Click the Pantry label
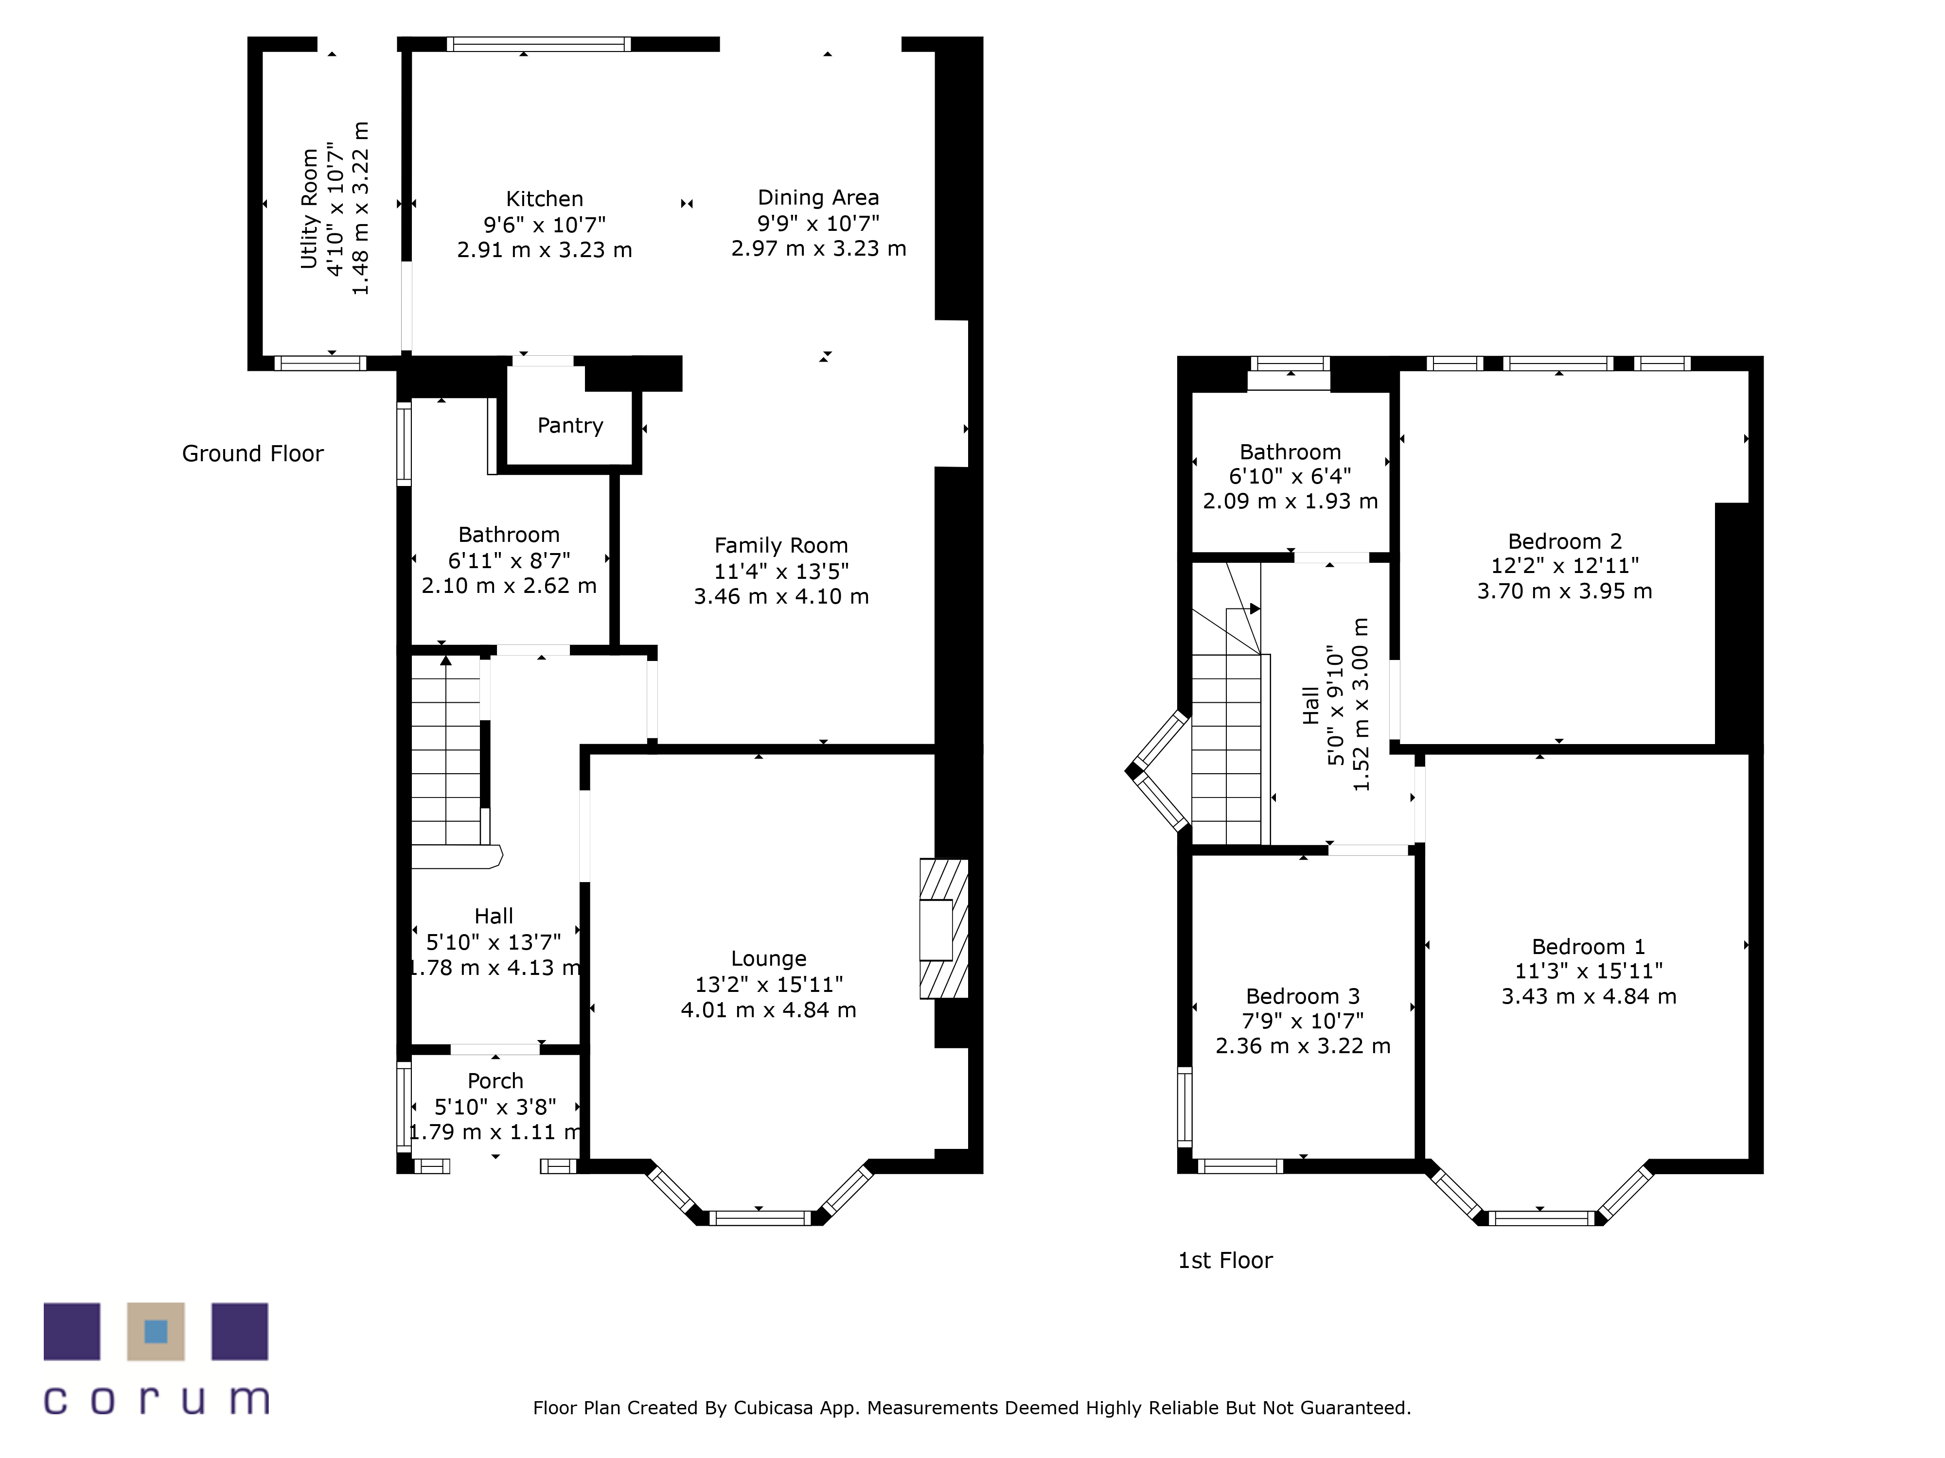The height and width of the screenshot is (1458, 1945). (570, 426)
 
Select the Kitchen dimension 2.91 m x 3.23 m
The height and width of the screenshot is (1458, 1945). (544, 250)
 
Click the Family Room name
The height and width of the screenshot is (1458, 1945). (781, 546)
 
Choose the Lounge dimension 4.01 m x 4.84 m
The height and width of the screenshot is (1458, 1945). (768, 1011)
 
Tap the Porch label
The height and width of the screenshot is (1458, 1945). (495, 1081)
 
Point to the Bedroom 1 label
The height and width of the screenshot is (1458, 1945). (1588, 947)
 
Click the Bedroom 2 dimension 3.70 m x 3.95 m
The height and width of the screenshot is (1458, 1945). (1564, 591)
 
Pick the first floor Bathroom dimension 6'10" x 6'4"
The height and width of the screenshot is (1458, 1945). (1290, 476)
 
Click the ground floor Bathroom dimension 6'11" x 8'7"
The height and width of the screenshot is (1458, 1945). (509, 561)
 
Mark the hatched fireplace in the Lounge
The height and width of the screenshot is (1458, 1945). (943, 928)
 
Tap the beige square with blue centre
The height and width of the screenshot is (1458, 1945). (156, 1332)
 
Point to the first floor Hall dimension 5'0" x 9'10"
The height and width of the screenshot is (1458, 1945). (1336, 706)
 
